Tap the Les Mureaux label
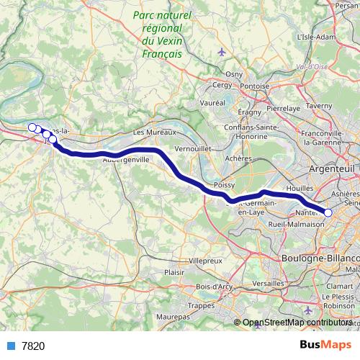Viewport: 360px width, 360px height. (150, 133)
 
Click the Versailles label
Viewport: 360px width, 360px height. (268, 284)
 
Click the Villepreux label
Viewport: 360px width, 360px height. (205, 259)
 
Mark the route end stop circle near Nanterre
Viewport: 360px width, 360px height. (328, 212)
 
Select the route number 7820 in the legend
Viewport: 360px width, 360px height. (33, 346)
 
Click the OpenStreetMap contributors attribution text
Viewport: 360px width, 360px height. (297, 323)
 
